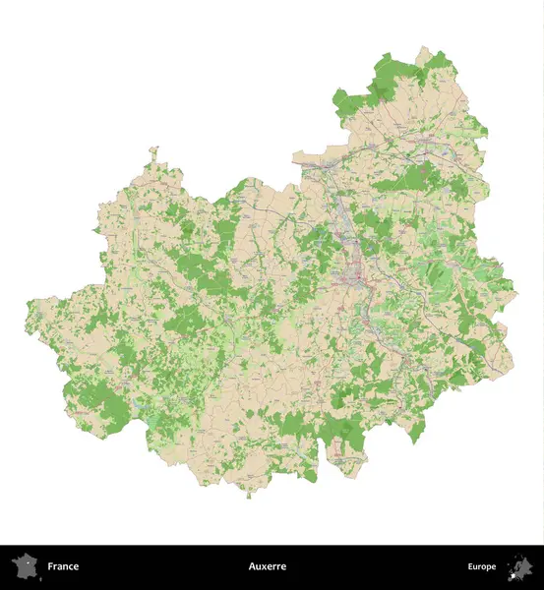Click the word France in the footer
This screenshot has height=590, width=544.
(x=63, y=566)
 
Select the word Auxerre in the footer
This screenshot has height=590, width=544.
(x=268, y=566)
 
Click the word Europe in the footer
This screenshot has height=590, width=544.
(x=482, y=566)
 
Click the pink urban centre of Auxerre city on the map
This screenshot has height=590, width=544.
(x=349, y=278)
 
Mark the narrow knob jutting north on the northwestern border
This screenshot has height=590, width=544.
(x=153, y=153)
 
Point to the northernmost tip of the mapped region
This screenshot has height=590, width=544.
(x=424, y=46)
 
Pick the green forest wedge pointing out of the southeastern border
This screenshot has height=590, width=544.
(x=417, y=434)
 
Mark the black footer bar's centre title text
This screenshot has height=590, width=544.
(x=268, y=566)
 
